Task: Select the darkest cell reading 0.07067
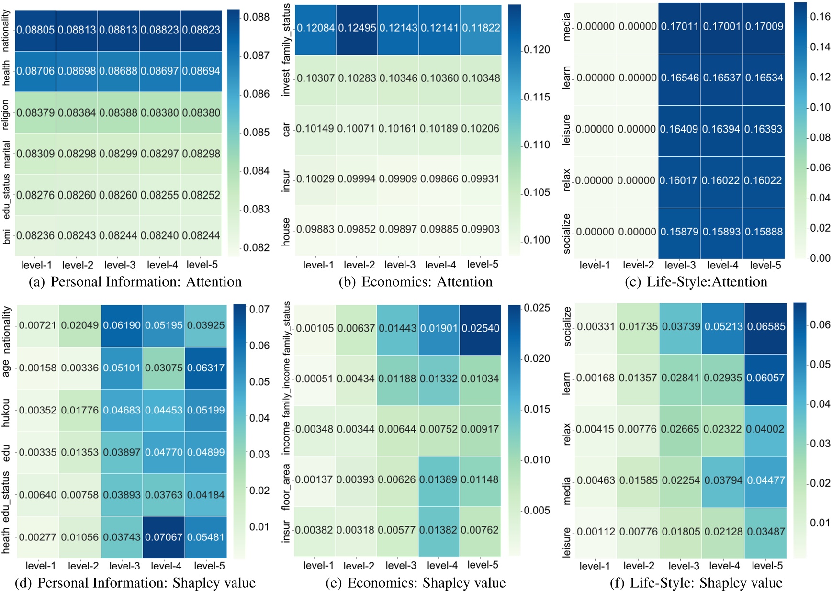164,537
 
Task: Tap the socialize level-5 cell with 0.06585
766,327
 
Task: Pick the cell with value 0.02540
480,328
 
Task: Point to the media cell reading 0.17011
679,26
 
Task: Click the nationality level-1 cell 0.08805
35,30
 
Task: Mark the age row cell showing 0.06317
206,368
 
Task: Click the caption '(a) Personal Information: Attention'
135,282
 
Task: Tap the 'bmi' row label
6,236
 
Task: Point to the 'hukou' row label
6,411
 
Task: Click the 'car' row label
286,129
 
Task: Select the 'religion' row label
6,114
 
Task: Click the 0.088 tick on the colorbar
256,17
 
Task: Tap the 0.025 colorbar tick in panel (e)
537,308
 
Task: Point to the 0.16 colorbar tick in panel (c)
820,17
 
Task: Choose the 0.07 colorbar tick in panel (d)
259,309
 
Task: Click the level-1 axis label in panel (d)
40,566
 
